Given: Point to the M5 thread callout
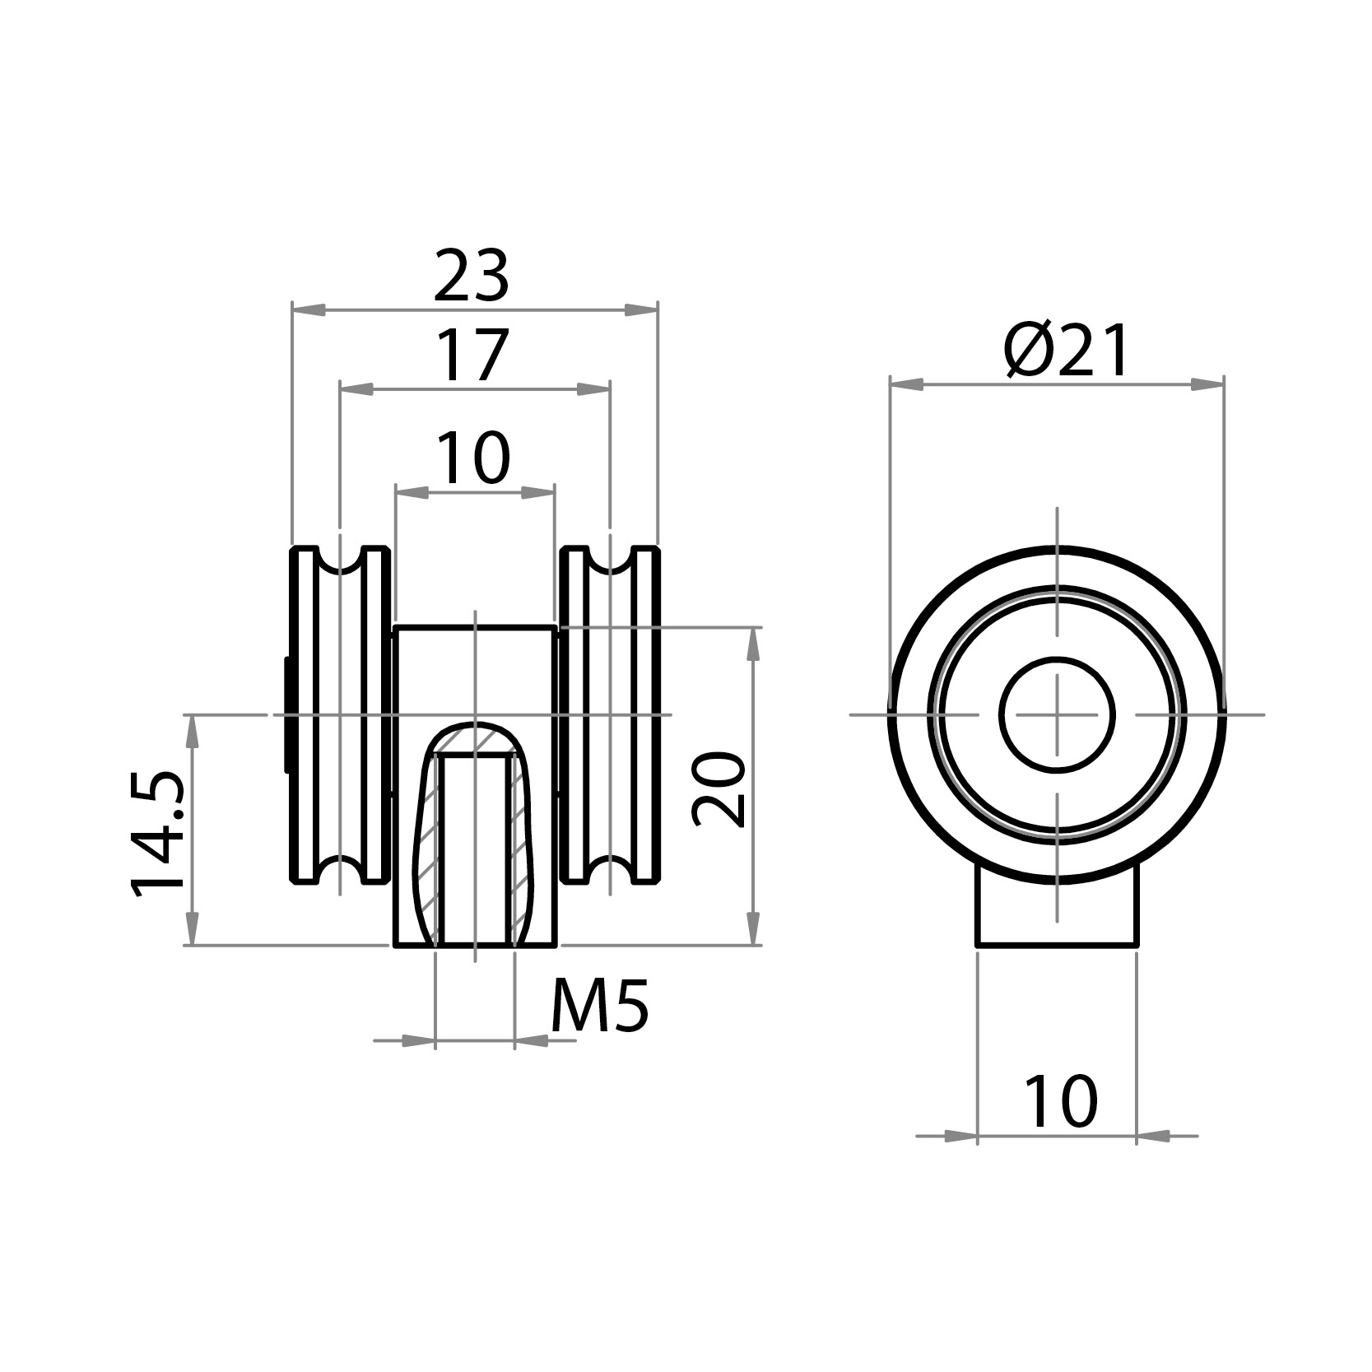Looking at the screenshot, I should [x=599, y=1007].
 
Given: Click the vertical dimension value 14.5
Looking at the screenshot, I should [x=158, y=833].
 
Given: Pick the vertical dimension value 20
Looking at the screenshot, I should [x=719, y=788].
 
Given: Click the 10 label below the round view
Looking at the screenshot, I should [x=1060, y=1102].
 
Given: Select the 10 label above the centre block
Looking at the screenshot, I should [x=472, y=458].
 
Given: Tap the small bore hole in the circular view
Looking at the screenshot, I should [x=1057, y=714].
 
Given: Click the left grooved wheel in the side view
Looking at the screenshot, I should [x=339, y=714].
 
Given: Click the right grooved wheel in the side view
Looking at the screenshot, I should [x=610, y=714].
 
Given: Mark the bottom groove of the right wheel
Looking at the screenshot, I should [x=610, y=869].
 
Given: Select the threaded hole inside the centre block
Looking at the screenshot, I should [x=475, y=848].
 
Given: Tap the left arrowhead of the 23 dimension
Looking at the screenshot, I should [x=308, y=310].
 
